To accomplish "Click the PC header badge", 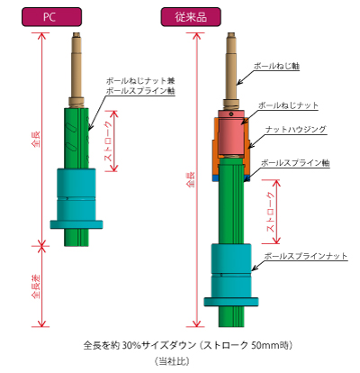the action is (x=51, y=17).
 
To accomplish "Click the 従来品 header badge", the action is (x=191, y=17).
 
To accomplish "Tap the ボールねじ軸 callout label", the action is (x=276, y=66).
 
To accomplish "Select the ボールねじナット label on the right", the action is (x=288, y=105).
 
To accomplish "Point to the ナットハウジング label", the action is (x=295, y=130).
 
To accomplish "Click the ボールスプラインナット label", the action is (x=306, y=256).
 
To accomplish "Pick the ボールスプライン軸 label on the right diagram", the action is (x=295, y=163).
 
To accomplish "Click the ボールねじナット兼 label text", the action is (x=140, y=81).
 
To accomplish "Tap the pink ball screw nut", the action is (x=231, y=132).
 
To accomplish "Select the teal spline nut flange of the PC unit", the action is (x=76, y=224).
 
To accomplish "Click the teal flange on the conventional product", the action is (x=231, y=302).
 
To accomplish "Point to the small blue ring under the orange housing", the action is (x=215, y=178).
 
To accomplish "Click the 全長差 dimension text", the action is (x=36, y=287).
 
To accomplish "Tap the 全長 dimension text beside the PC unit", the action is (x=36, y=139).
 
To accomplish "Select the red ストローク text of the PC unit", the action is (x=108, y=141).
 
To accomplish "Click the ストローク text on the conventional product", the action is (x=271, y=212).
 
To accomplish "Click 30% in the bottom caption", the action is (x=131, y=345).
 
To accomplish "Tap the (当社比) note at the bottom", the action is (x=172, y=360).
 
